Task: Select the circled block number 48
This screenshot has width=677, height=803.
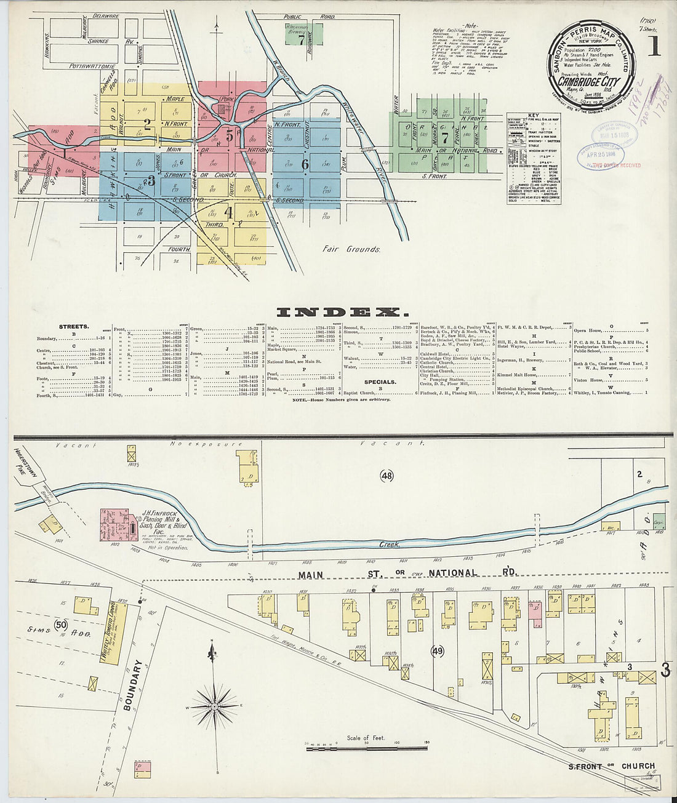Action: tap(387, 475)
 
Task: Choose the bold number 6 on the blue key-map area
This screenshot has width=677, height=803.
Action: tap(305, 164)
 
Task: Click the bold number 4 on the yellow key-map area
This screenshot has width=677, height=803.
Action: tap(228, 213)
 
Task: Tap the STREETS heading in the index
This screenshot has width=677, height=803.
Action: tap(74, 326)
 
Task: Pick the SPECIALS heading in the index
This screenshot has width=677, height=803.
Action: tap(380, 382)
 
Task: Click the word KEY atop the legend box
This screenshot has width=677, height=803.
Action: tap(533, 116)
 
